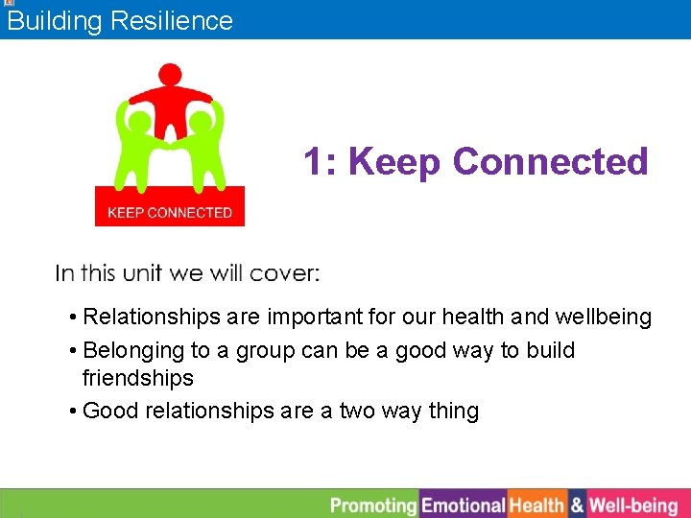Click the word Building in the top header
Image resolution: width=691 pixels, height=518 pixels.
click(55, 21)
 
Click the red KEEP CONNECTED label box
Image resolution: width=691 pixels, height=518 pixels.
click(170, 211)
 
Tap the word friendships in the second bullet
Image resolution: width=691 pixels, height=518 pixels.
click(138, 378)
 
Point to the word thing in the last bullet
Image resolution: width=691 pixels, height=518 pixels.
click(453, 412)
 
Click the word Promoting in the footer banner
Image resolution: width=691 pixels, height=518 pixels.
click(373, 505)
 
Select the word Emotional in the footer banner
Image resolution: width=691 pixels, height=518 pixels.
click(464, 505)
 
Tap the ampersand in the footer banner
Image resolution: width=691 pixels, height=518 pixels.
click(577, 505)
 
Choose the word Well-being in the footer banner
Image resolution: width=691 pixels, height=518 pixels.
click(633, 505)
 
